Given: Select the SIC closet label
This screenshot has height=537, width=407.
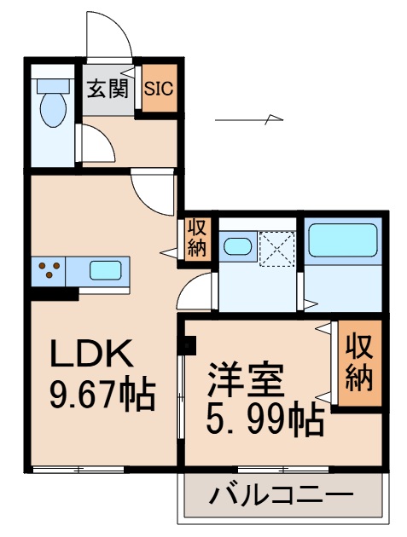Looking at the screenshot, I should [158, 88].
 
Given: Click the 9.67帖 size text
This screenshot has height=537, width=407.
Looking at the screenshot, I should [100, 393].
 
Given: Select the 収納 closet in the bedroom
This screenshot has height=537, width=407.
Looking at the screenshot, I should [359, 364].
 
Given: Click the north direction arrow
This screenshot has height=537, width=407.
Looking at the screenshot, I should [248, 120].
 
